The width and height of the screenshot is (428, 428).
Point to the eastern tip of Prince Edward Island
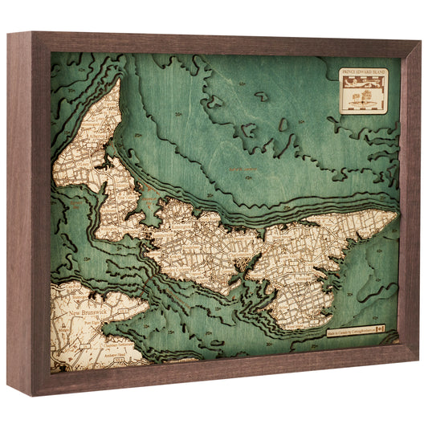point(396,214)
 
